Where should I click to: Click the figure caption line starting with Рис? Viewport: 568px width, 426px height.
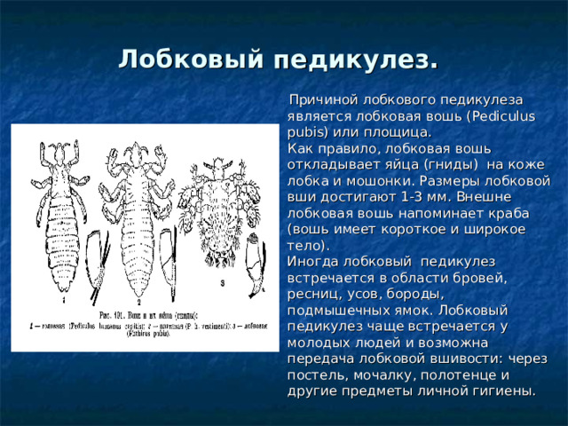click(x=142, y=316)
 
